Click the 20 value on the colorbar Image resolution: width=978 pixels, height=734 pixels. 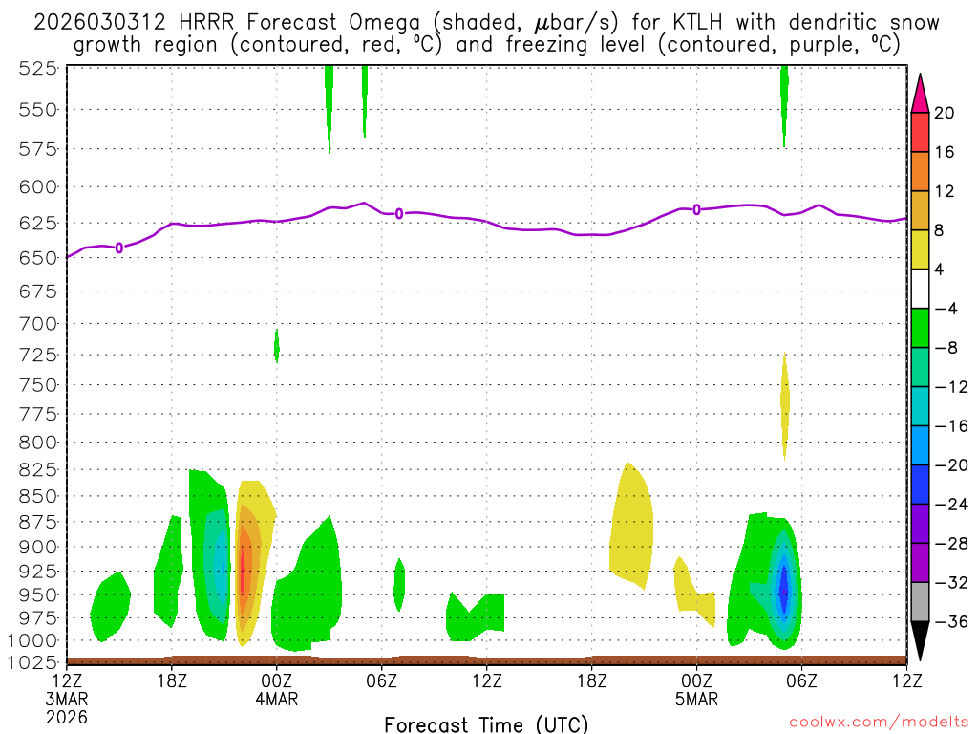945,113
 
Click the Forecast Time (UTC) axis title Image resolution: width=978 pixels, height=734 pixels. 486,723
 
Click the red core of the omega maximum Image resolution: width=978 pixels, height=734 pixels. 243,573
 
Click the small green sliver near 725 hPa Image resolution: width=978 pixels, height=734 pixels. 277,345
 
